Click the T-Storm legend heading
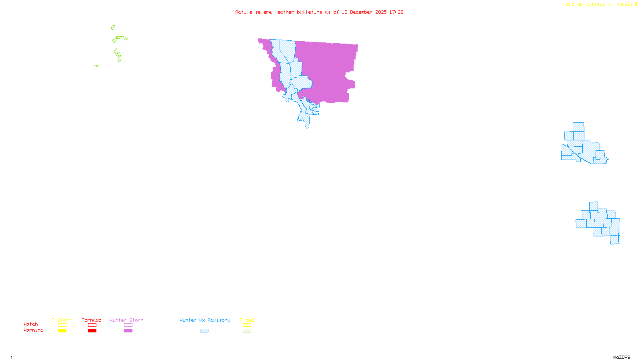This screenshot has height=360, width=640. click(62, 320)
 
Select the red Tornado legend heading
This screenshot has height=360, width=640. click(92, 320)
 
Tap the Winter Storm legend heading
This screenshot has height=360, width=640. click(126, 320)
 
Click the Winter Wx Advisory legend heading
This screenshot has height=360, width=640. click(205, 320)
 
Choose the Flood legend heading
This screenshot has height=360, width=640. click(247, 320)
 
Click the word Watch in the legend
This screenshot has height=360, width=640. click(31, 324)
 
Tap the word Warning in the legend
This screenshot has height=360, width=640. click(33, 330)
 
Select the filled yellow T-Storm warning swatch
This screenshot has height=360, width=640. click(62, 331)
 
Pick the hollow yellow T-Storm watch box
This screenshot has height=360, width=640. click(62, 325)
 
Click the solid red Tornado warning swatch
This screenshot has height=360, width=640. click(92, 331)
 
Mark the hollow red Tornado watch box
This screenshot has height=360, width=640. click(92, 325)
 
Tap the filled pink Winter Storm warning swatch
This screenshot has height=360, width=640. click(128, 331)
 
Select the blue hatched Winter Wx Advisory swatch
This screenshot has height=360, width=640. click(204, 331)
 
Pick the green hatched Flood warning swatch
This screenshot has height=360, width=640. click(247, 331)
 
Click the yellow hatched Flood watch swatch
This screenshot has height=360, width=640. click(247, 325)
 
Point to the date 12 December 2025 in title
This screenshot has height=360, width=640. click(364, 12)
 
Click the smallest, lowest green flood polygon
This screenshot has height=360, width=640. click(97, 66)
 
